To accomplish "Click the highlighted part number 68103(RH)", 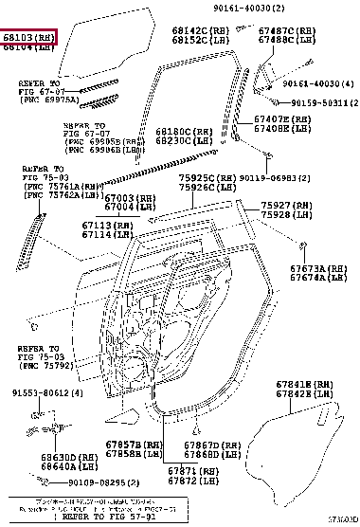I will [29, 37].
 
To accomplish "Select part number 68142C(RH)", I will [194, 30].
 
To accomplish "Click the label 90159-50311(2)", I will [323, 102].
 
